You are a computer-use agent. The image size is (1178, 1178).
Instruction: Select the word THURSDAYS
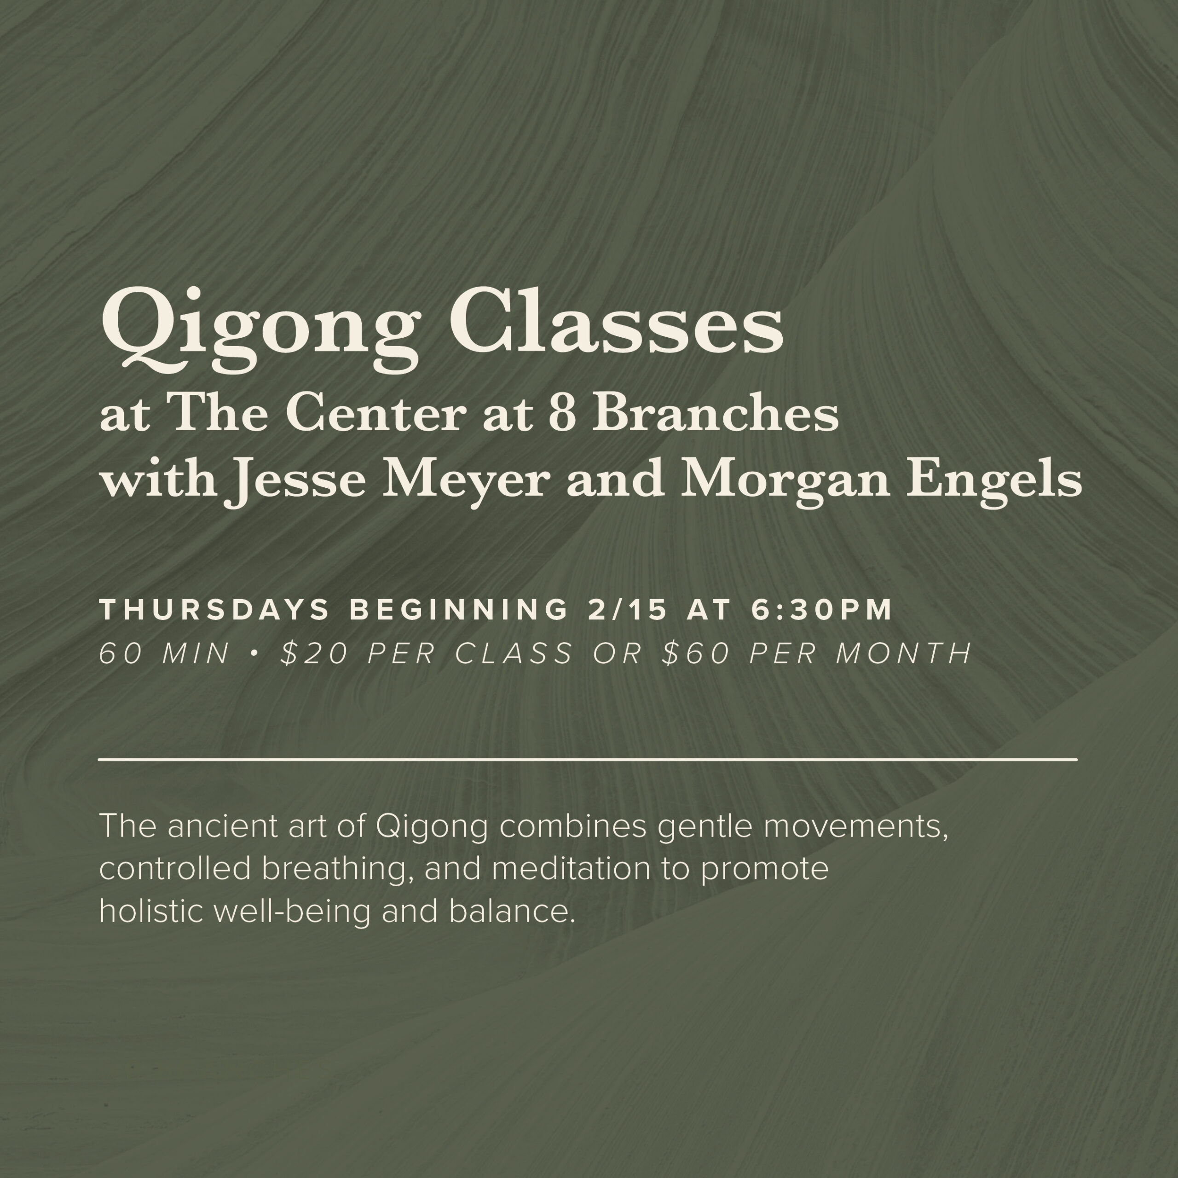coord(214,610)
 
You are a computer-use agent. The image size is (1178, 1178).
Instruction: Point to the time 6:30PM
coord(822,610)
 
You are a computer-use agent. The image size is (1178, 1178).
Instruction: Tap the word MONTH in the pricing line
coord(904,653)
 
